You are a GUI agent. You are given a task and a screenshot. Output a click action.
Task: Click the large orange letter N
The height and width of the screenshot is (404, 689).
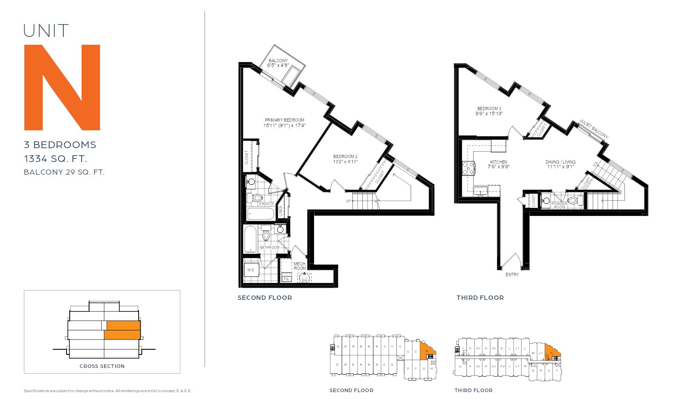pyautogui.click(x=62, y=88)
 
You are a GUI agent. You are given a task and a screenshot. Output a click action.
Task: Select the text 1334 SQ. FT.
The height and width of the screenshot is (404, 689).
pyautogui.click(x=55, y=159)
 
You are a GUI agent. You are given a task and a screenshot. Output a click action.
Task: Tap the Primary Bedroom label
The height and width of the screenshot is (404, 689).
pyautogui.click(x=284, y=123)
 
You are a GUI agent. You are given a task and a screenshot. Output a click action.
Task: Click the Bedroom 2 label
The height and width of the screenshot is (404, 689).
pyautogui.click(x=345, y=159)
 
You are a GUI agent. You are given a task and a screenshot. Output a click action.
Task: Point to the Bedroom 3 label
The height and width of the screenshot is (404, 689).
pyautogui.click(x=489, y=111)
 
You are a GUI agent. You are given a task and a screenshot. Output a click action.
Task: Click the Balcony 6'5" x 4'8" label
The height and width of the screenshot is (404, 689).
pyautogui.click(x=278, y=63)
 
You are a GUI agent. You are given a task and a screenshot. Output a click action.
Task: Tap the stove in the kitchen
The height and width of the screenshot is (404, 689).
pyautogui.click(x=468, y=168)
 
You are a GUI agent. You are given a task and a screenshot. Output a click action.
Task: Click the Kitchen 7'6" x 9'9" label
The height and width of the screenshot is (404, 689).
pyautogui.click(x=499, y=164)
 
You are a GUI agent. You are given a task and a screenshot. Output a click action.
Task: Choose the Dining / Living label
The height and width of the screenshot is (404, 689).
pyautogui.click(x=560, y=164)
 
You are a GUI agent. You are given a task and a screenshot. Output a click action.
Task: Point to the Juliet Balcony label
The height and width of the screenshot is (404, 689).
pyautogui.click(x=594, y=129)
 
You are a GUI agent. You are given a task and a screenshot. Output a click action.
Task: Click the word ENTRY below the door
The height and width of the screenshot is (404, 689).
pyautogui.click(x=512, y=274)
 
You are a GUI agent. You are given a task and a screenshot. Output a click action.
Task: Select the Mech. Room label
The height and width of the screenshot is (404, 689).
pyautogui.click(x=300, y=266)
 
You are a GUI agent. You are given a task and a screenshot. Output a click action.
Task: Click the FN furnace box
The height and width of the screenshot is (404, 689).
pyautogui.click(x=286, y=279)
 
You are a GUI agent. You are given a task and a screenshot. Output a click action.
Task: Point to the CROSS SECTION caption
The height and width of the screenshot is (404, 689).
pyautogui.click(x=102, y=366)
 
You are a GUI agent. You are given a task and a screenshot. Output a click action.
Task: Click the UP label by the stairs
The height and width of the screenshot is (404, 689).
pyautogui.click(x=348, y=201)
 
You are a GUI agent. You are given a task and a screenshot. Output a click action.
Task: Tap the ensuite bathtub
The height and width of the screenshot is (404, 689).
pyautogui.click(x=261, y=214)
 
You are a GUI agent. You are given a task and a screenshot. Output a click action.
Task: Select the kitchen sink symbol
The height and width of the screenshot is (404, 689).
pyautogui.click(x=481, y=191)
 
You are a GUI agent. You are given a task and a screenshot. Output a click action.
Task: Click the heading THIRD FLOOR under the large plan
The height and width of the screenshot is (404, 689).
pyautogui.click(x=480, y=298)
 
